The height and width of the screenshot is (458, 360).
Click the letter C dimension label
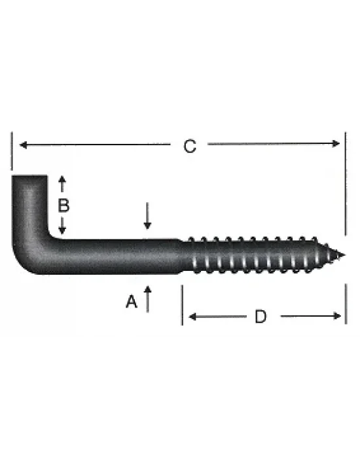(189, 147)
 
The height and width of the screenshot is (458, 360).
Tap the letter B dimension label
(63, 205)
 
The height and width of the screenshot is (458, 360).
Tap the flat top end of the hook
(29, 177)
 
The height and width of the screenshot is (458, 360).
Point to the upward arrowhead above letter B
(62, 180)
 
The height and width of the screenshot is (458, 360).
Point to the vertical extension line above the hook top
(12, 150)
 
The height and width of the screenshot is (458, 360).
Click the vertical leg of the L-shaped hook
(29, 209)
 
